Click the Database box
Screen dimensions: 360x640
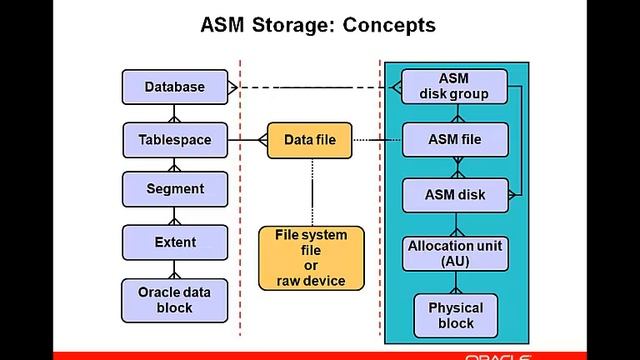tap(174, 87)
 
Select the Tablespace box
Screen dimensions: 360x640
tap(174, 140)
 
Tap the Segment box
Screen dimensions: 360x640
tap(174, 189)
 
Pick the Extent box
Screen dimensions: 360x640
tap(174, 242)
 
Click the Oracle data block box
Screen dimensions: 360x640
tap(174, 300)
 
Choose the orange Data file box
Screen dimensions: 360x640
tap(310, 140)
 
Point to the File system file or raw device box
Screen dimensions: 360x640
tap(310, 258)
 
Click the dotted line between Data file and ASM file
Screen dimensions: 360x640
tap(375, 140)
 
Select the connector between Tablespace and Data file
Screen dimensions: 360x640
tap(246, 140)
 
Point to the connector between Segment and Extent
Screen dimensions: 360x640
tap(174, 215)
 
